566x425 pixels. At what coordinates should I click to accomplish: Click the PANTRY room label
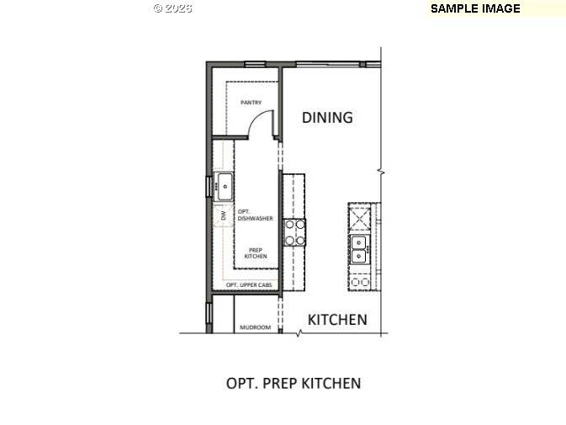tap(251, 103)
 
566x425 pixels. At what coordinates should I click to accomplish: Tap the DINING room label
tap(327, 117)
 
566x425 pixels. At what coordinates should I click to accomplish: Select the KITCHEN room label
tap(336, 320)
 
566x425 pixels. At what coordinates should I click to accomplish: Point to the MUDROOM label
tap(255, 327)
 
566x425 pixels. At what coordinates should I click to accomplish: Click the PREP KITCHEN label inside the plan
tap(256, 252)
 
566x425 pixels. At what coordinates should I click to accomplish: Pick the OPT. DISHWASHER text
tap(255, 215)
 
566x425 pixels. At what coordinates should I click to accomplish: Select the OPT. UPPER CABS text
tap(250, 285)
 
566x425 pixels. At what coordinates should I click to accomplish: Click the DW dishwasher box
tap(223, 215)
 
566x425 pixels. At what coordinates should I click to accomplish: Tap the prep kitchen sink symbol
tap(224, 185)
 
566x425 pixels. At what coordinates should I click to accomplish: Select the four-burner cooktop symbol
tap(294, 231)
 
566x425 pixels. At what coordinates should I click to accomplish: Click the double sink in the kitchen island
tap(359, 249)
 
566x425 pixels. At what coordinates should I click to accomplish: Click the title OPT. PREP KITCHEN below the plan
tap(294, 383)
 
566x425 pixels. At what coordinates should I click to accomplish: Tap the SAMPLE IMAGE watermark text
tap(475, 8)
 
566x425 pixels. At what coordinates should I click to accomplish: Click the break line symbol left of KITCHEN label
tap(298, 333)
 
